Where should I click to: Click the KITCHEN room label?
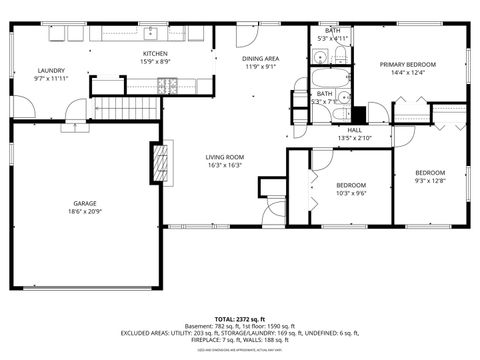pos(154,53)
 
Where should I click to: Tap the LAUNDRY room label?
pos(51,70)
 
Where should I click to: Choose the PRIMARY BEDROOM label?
pos(407,64)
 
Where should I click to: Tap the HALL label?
pos(355,129)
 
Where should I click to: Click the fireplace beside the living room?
pos(157,161)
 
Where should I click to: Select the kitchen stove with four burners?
pos(167,86)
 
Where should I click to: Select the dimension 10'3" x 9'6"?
pos(350,194)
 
